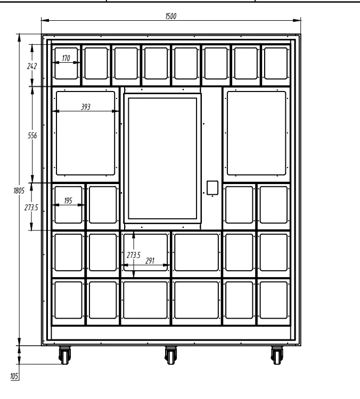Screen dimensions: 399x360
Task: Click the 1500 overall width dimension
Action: pyautogui.click(x=171, y=16)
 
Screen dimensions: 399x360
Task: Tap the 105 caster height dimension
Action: pyautogui.click(x=14, y=376)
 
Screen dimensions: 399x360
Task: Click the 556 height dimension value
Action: pyautogui.click(x=32, y=136)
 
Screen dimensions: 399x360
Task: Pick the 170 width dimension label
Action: pyautogui.click(x=66, y=57)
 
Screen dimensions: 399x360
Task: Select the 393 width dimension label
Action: pyautogui.click(x=85, y=106)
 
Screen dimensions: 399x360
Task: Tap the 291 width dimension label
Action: pyautogui.click(x=150, y=261)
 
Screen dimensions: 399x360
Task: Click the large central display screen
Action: pyautogui.click(x=163, y=158)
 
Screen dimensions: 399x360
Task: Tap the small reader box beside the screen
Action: pyautogui.click(x=212, y=187)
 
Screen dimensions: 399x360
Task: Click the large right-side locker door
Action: pyautogui.click(x=256, y=133)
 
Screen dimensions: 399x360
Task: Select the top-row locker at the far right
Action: pyautogui.click(x=275, y=63)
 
